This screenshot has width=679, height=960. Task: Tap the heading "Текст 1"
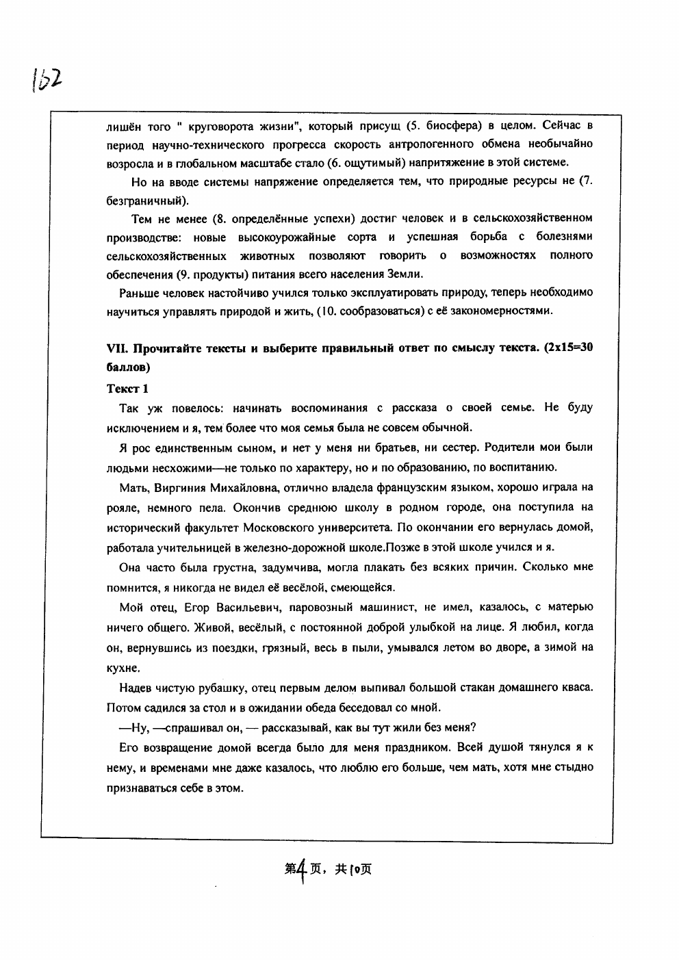coord(127,389)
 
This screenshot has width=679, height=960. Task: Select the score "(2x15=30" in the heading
coord(567,347)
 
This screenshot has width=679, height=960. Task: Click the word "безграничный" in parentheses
coord(146,200)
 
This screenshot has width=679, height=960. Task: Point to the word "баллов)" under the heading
coord(128,367)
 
